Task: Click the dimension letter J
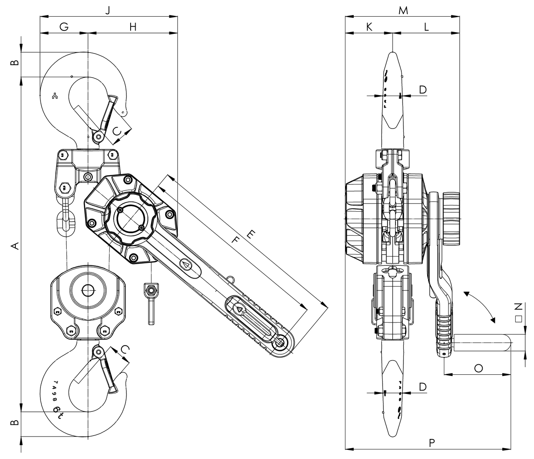coord(108,10)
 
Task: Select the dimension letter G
coord(64,27)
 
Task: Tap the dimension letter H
coord(133,27)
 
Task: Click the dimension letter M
coord(403,10)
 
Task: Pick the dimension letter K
coord(369,27)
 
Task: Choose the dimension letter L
coord(426,27)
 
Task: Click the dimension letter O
coord(479,368)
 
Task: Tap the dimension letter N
coord(518,307)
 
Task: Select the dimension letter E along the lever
coord(251,234)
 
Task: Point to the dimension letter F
coord(235,240)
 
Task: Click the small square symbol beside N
coord(518,319)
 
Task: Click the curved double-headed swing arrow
coord(479,307)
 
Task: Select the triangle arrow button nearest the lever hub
coord(186,264)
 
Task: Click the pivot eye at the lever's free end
coord(281,343)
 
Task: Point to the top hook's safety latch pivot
coord(98,136)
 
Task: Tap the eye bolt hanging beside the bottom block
coord(151,303)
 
